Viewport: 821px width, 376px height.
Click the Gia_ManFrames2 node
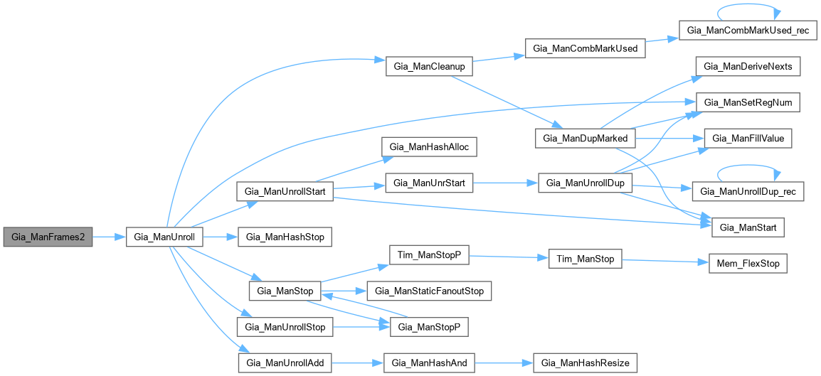click(48, 237)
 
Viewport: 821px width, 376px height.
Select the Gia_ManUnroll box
click(166, 237)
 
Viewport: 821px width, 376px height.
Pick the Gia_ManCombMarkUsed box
click(585, 48)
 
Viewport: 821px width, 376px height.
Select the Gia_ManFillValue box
click(743, 139)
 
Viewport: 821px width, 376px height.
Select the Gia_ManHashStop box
click(284, 237)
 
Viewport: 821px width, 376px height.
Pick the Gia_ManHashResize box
click(585, 363)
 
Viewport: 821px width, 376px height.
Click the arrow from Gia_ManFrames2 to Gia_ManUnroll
click(110, 237)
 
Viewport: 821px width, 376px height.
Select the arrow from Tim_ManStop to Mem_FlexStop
click(665, 262)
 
